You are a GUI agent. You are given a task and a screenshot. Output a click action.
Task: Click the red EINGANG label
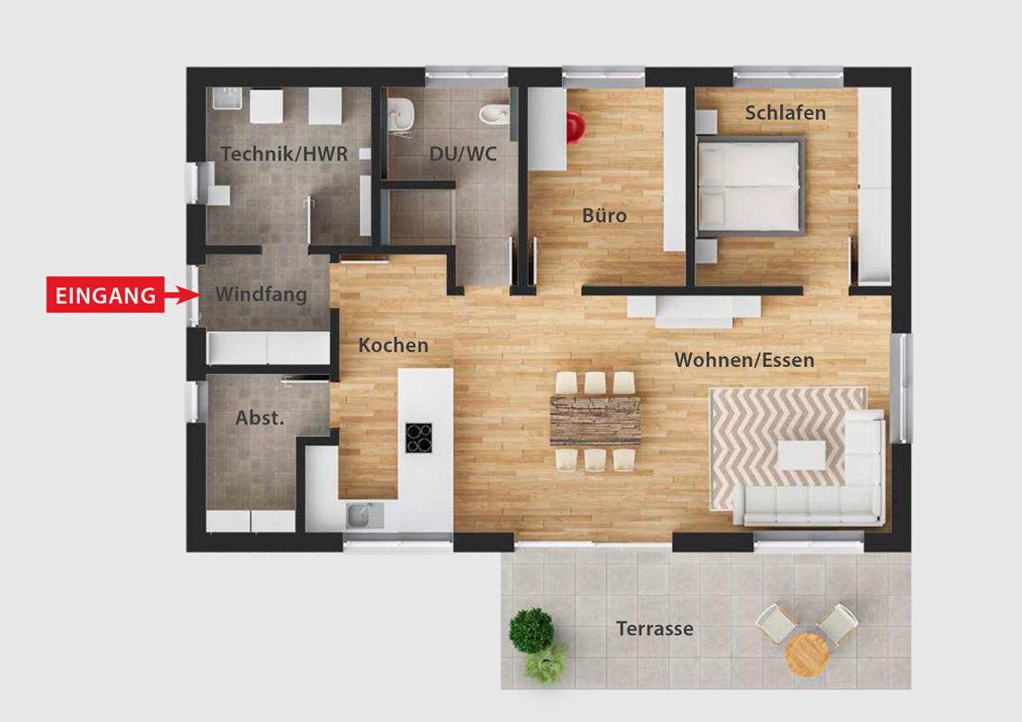106,295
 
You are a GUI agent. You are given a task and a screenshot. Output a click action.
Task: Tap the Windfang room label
261,295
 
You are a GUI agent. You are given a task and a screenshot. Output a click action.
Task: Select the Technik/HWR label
284,154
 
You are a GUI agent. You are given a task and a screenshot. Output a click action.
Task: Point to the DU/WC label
462,154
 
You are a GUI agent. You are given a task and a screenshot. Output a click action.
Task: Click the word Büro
604,215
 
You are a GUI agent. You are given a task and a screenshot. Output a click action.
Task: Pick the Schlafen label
785,112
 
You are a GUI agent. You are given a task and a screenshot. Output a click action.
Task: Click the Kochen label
393,346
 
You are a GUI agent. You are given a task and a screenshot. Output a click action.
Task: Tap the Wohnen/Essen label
744,360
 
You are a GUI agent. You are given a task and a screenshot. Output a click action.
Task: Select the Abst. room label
260,418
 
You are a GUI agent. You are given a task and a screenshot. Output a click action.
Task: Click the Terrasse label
655,628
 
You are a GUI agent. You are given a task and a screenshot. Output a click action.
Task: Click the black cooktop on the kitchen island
419,438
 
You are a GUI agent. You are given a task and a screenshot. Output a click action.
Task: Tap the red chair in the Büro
576,127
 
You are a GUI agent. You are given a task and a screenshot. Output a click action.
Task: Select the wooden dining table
595,421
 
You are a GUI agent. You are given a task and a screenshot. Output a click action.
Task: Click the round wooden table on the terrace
807,655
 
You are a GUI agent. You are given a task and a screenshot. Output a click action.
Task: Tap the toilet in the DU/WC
494,114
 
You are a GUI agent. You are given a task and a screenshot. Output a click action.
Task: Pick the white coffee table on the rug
801,456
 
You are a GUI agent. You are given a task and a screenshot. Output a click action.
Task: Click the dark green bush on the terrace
531,631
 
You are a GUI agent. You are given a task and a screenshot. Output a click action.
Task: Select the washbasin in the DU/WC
400,114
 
